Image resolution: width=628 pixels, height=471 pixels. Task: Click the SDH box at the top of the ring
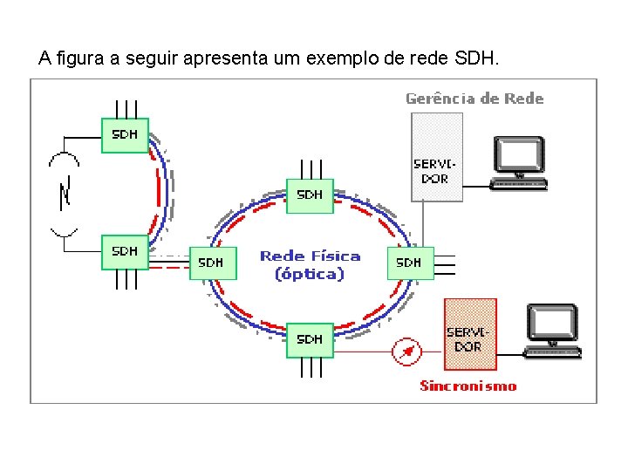pos(310,195)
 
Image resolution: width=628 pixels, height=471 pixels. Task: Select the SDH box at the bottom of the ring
pos(310,339)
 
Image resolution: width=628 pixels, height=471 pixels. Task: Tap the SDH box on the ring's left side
pos(212,262)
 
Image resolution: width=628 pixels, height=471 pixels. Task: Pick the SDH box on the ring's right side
pos(410,262)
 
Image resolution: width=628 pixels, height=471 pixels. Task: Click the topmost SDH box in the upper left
pos(125,135)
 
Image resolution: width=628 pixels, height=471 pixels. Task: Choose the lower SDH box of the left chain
pos(125,251)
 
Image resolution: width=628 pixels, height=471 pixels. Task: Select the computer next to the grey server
pos(519,162)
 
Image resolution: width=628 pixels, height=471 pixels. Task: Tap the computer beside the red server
pos(551,331)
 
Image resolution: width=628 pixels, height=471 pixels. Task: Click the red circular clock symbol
pos(406,352)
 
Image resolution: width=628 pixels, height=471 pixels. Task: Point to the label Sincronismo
pos(468,386)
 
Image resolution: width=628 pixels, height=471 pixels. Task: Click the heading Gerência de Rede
pos(474,99)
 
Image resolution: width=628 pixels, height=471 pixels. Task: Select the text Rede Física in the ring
pos(310,256)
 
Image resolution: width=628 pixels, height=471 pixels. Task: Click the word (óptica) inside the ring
pos(310,274)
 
